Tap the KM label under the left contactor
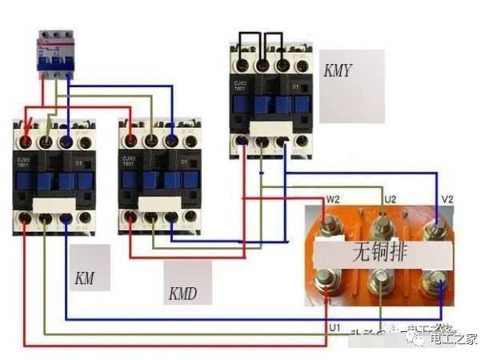(85, 279)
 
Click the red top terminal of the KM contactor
(27, 142)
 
